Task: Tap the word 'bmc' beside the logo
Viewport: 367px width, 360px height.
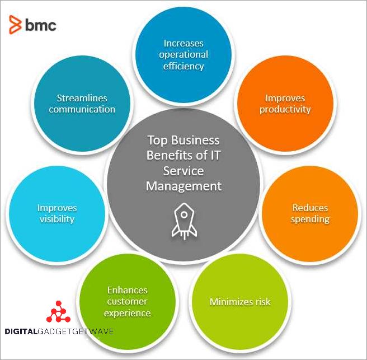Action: (40, 25)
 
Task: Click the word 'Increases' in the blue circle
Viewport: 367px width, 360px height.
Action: (183, 43)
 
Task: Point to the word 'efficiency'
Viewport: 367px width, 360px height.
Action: (183, 66)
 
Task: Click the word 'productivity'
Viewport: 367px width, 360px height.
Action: (285, 109)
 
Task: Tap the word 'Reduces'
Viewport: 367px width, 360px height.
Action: (310, 208)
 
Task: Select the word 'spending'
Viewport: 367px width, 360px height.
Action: (310, 219)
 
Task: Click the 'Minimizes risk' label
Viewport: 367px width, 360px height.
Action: (239, 302)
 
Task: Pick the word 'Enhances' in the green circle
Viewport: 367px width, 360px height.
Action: (128, 290)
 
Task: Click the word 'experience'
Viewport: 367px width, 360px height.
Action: (128, 312)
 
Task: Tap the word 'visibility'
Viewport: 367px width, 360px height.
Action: (57, 219)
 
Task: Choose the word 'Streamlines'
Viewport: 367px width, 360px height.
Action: (82, 98)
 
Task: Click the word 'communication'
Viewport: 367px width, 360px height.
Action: (82, 109)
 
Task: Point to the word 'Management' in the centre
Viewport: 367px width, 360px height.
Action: (183, 185)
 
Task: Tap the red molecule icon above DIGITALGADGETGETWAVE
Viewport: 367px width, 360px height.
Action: (58, 312)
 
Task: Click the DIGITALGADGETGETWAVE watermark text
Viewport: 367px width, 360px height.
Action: (59, 331)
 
